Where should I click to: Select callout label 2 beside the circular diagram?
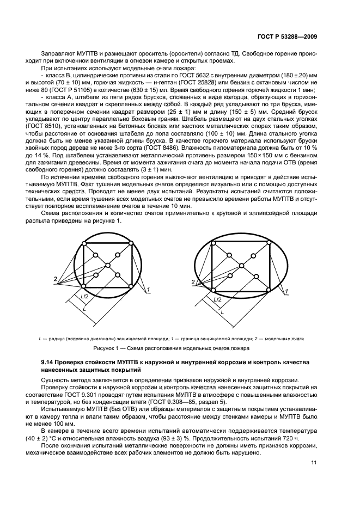pyautogui.click(x=55, y=279)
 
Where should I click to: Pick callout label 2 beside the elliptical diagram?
pyautogui.click(x=193, y=281)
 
